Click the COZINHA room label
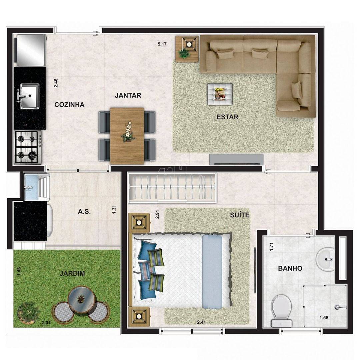coord(69,105)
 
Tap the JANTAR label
coord(128,96)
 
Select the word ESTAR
coord(228,117)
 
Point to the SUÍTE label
coord(240,215)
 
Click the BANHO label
coord(290,268)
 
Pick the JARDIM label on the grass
coord(72,273)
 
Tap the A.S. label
coord(84,211)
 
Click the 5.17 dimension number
coord(162,44)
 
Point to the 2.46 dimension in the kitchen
coord(56,83)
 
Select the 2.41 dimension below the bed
coord(201,322)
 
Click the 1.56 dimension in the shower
coord(324,318)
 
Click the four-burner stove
coord(28,147)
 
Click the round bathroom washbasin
coord(325,259)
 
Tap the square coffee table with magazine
coord(220,94)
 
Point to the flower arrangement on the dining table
coord(128,132)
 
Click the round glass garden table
coord(80,298)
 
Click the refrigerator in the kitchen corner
coord(30,50)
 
